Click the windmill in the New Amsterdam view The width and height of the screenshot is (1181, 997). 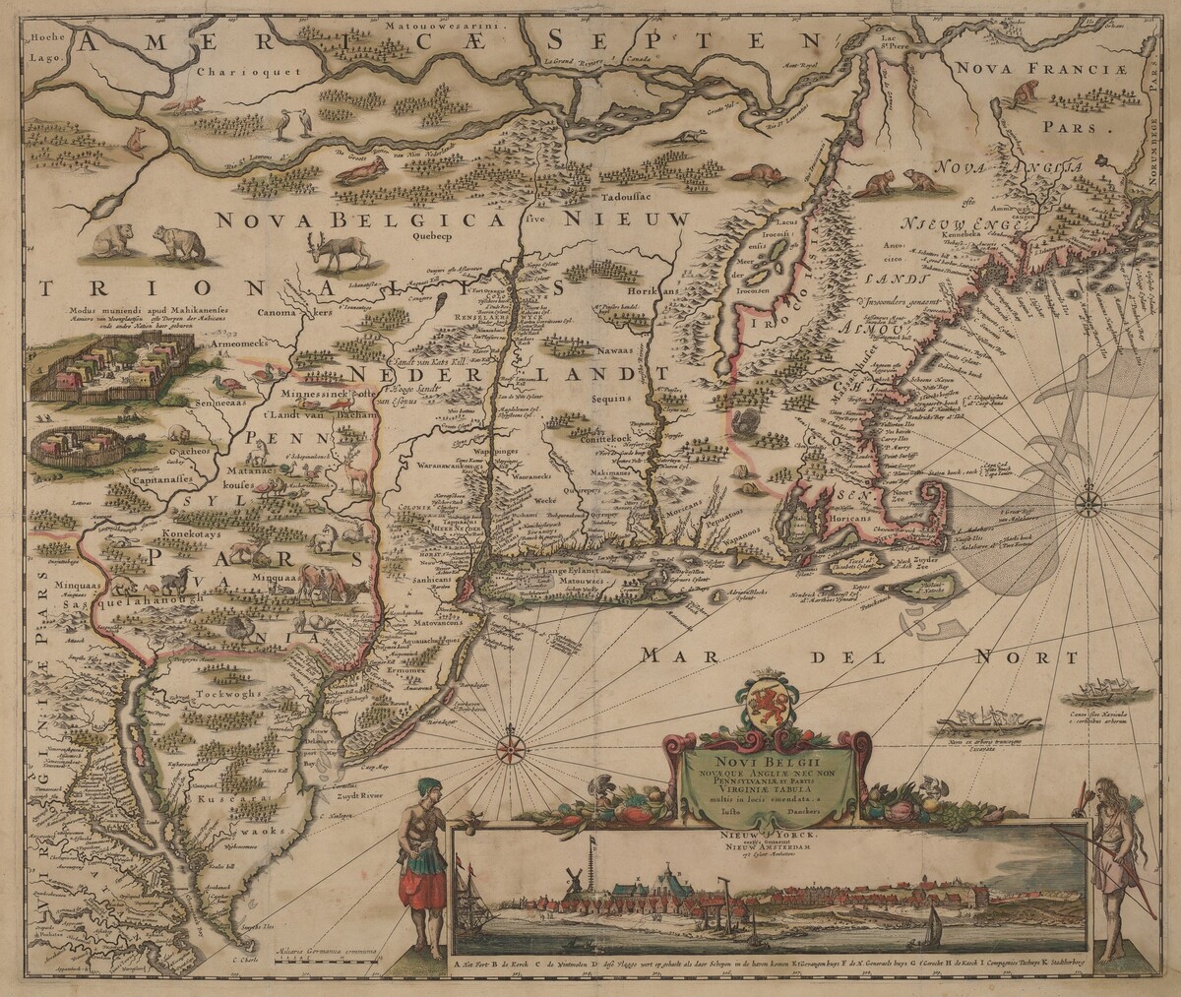[571, 883]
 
